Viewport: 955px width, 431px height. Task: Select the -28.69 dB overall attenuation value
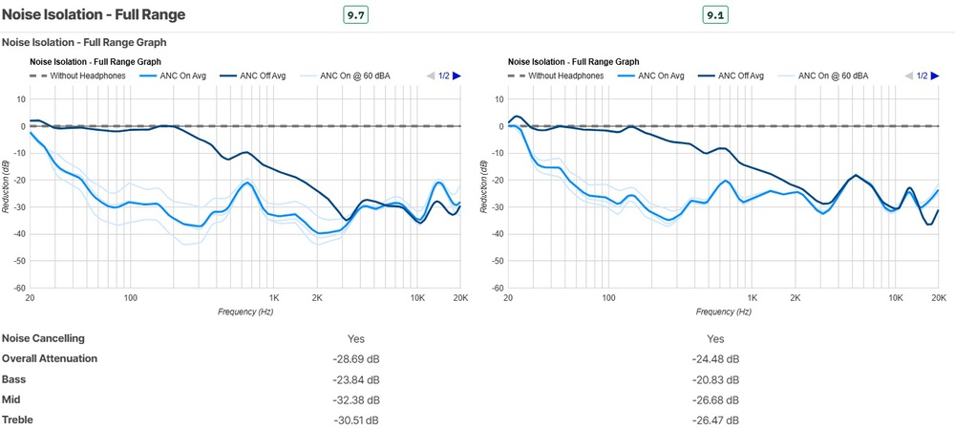point(355,359)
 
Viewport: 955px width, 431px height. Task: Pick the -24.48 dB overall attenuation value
point(715,359)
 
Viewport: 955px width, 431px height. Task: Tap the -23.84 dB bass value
point(355,379)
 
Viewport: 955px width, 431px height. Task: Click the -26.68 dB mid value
point(715,399)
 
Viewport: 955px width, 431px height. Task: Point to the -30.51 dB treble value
point(355,420)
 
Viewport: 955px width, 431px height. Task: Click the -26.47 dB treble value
point(715,420)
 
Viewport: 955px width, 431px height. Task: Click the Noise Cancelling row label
point(44,338)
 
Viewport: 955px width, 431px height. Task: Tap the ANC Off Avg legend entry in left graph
point(255,75)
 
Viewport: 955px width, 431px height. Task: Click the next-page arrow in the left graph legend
point(456,75)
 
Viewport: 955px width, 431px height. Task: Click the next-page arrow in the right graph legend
point(935,75)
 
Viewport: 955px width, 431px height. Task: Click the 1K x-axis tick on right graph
point(753,298)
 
